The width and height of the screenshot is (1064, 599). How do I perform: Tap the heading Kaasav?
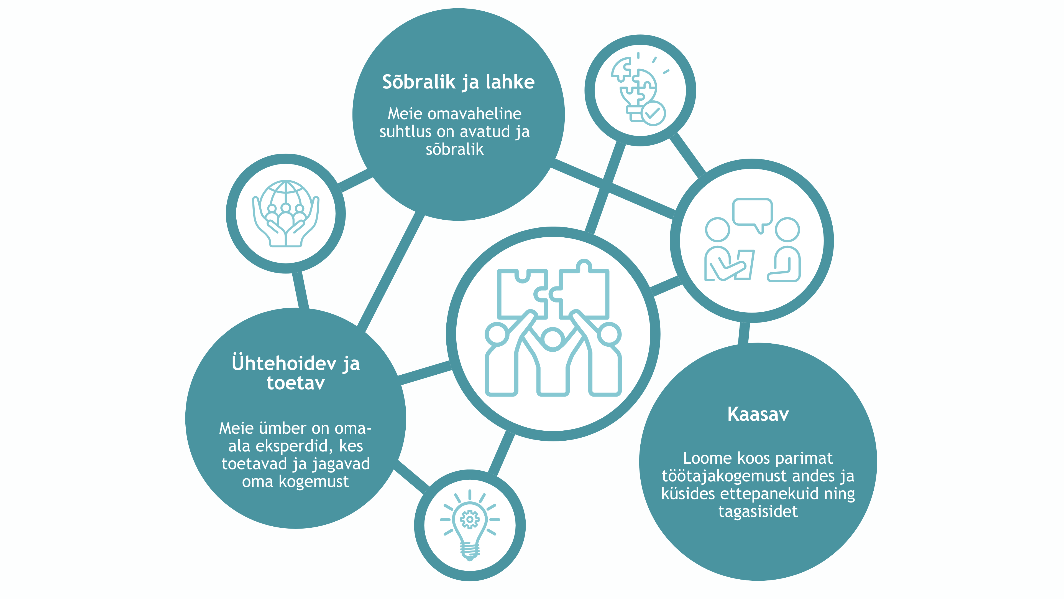pos(758,414)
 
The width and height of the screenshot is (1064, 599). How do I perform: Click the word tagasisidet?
pos(758,512)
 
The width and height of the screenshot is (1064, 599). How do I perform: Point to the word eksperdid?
pos(294,446)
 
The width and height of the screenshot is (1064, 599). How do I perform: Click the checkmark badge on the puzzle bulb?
pos(653,113)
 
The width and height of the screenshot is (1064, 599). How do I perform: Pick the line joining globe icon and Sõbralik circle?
pos(355,181)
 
